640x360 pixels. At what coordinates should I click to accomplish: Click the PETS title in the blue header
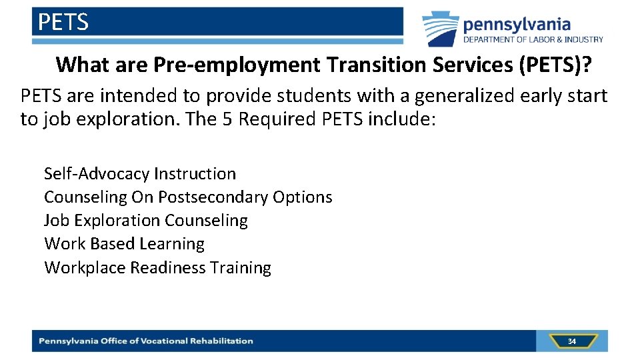coord(63,23)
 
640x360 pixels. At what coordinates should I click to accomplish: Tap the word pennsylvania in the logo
coord(517,25)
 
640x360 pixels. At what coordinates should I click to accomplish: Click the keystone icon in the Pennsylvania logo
coord(441,29)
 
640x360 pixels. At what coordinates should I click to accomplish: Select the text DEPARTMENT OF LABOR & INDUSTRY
coord(533,40)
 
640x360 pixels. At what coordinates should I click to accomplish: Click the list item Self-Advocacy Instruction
coord(140,174)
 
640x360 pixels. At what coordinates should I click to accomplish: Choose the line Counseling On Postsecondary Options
coord(188,197)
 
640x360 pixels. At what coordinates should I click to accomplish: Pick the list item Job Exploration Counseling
coord(146,221)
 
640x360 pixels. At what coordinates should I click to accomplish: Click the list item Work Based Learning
coord(124,244)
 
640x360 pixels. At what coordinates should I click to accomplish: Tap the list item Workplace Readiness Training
coord(157,268)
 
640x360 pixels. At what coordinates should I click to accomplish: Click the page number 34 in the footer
coord(571,341)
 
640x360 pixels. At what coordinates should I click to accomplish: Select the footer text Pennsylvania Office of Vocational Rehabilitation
coord(146,341)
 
